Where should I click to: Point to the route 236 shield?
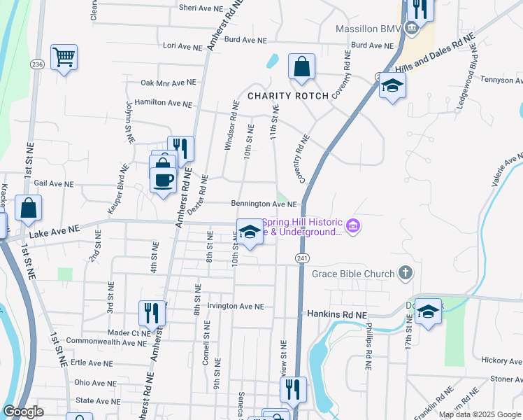click(36, 64)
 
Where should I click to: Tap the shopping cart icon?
click(64, 57)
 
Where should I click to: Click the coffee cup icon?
click(164, 179)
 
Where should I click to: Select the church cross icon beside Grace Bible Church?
click(406, 272)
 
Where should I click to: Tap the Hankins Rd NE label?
click(337, 316)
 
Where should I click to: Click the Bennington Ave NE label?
click(264, 204)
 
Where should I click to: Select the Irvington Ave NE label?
click(229, 307)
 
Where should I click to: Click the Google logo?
click(24, 412)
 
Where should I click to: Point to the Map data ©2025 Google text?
click(480, 414)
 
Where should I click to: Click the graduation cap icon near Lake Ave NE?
click(250, 231)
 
